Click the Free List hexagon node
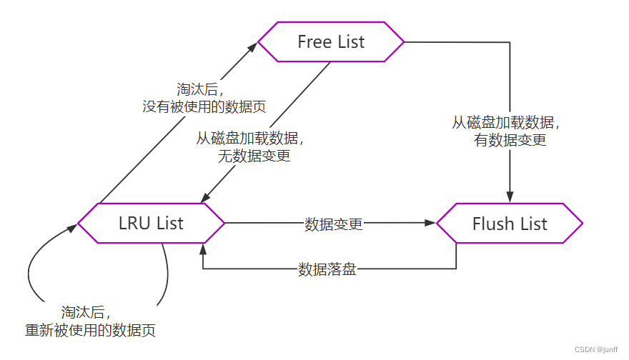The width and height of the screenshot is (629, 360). [331, 42]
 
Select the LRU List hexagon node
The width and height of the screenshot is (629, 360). [151, 224]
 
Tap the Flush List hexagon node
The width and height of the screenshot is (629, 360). [510, 224]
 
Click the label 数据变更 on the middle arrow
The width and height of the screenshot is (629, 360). [334, 224]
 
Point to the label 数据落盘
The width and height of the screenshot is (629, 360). [327, 269]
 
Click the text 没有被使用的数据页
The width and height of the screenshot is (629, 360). [204, 106]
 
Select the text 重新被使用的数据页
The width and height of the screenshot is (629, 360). [90, 330]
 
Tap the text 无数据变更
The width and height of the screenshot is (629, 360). [254, 156]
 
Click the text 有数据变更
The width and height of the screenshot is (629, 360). [510, 140]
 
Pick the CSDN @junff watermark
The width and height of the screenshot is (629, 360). [597, 350]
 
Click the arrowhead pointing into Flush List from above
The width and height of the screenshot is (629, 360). [510, 199]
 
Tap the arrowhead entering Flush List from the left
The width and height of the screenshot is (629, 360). [430, 223]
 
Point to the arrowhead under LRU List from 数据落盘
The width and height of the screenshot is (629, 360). [204, 247]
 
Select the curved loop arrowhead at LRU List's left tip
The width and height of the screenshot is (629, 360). [73, 228]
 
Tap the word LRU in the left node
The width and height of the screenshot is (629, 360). [132, 224]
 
